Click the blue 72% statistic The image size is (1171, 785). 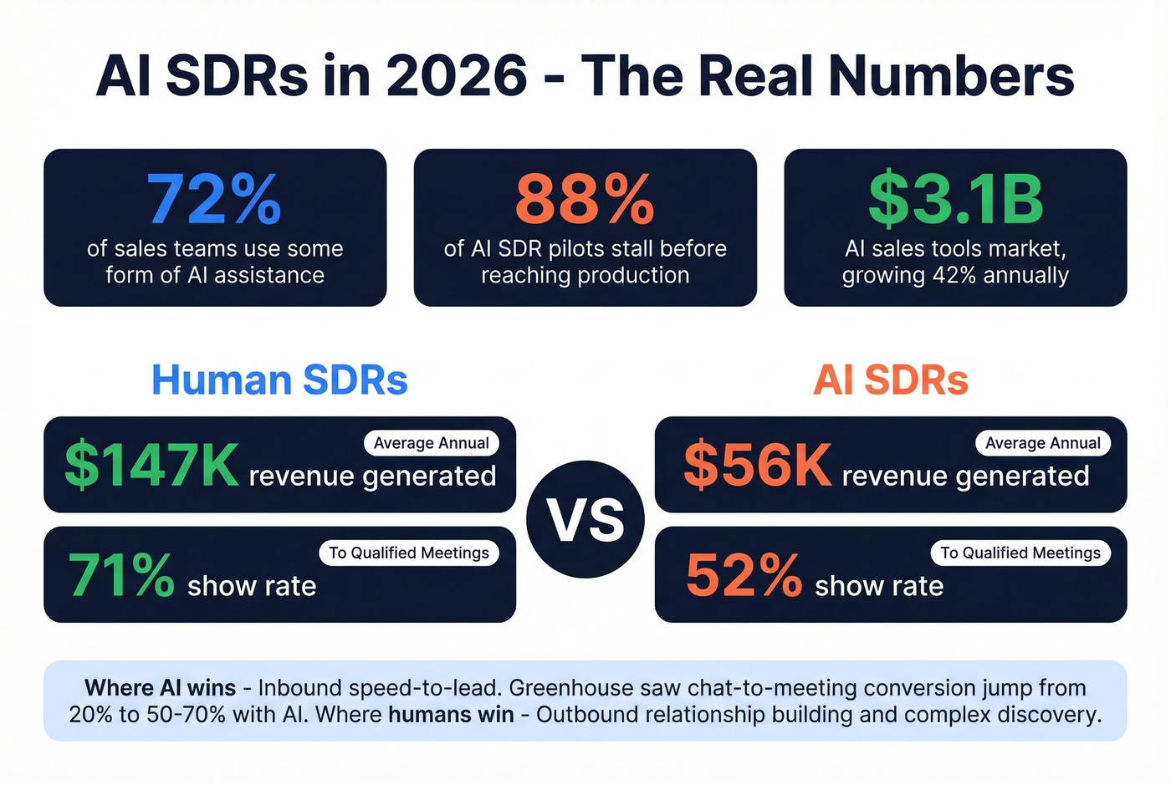coord(214,200)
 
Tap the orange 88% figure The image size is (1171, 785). coord(585,200)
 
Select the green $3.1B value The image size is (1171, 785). coord(955,200)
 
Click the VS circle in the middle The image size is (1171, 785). coord(585,519)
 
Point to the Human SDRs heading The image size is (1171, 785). coord(279,380)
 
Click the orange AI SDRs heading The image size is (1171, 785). coord(891,380)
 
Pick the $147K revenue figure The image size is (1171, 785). coord(151,466)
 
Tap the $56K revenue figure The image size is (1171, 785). coord(758,466)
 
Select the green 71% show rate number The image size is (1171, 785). coord(121,575)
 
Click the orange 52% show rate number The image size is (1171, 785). coord(744,575)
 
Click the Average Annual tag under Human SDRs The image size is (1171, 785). coord(432,443)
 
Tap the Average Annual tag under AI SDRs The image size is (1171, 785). coord(1043,443)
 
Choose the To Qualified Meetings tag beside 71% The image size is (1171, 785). coord(409,553)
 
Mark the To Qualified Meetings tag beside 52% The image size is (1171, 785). coord(1020,553)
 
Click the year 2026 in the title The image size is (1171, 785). coord(457,76)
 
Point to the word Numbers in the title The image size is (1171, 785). coord(951,76)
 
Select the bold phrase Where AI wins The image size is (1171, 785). coord(160,688)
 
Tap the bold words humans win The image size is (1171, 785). coord(451,715)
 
